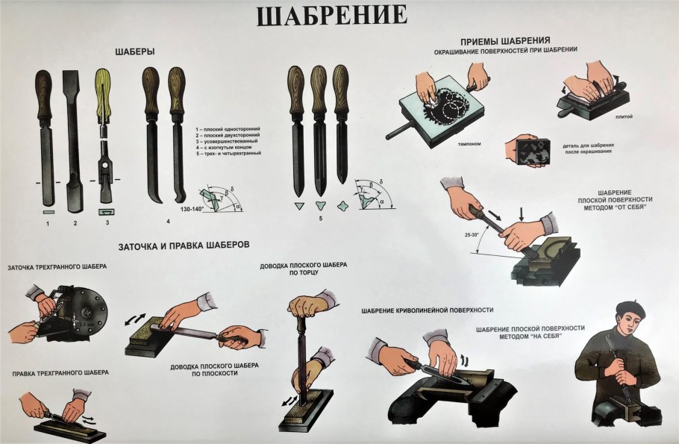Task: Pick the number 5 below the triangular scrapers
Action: point(319,219)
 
